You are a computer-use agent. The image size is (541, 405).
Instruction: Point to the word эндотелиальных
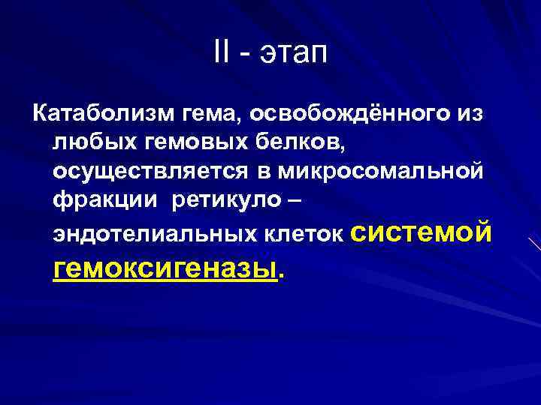[155, 233]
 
